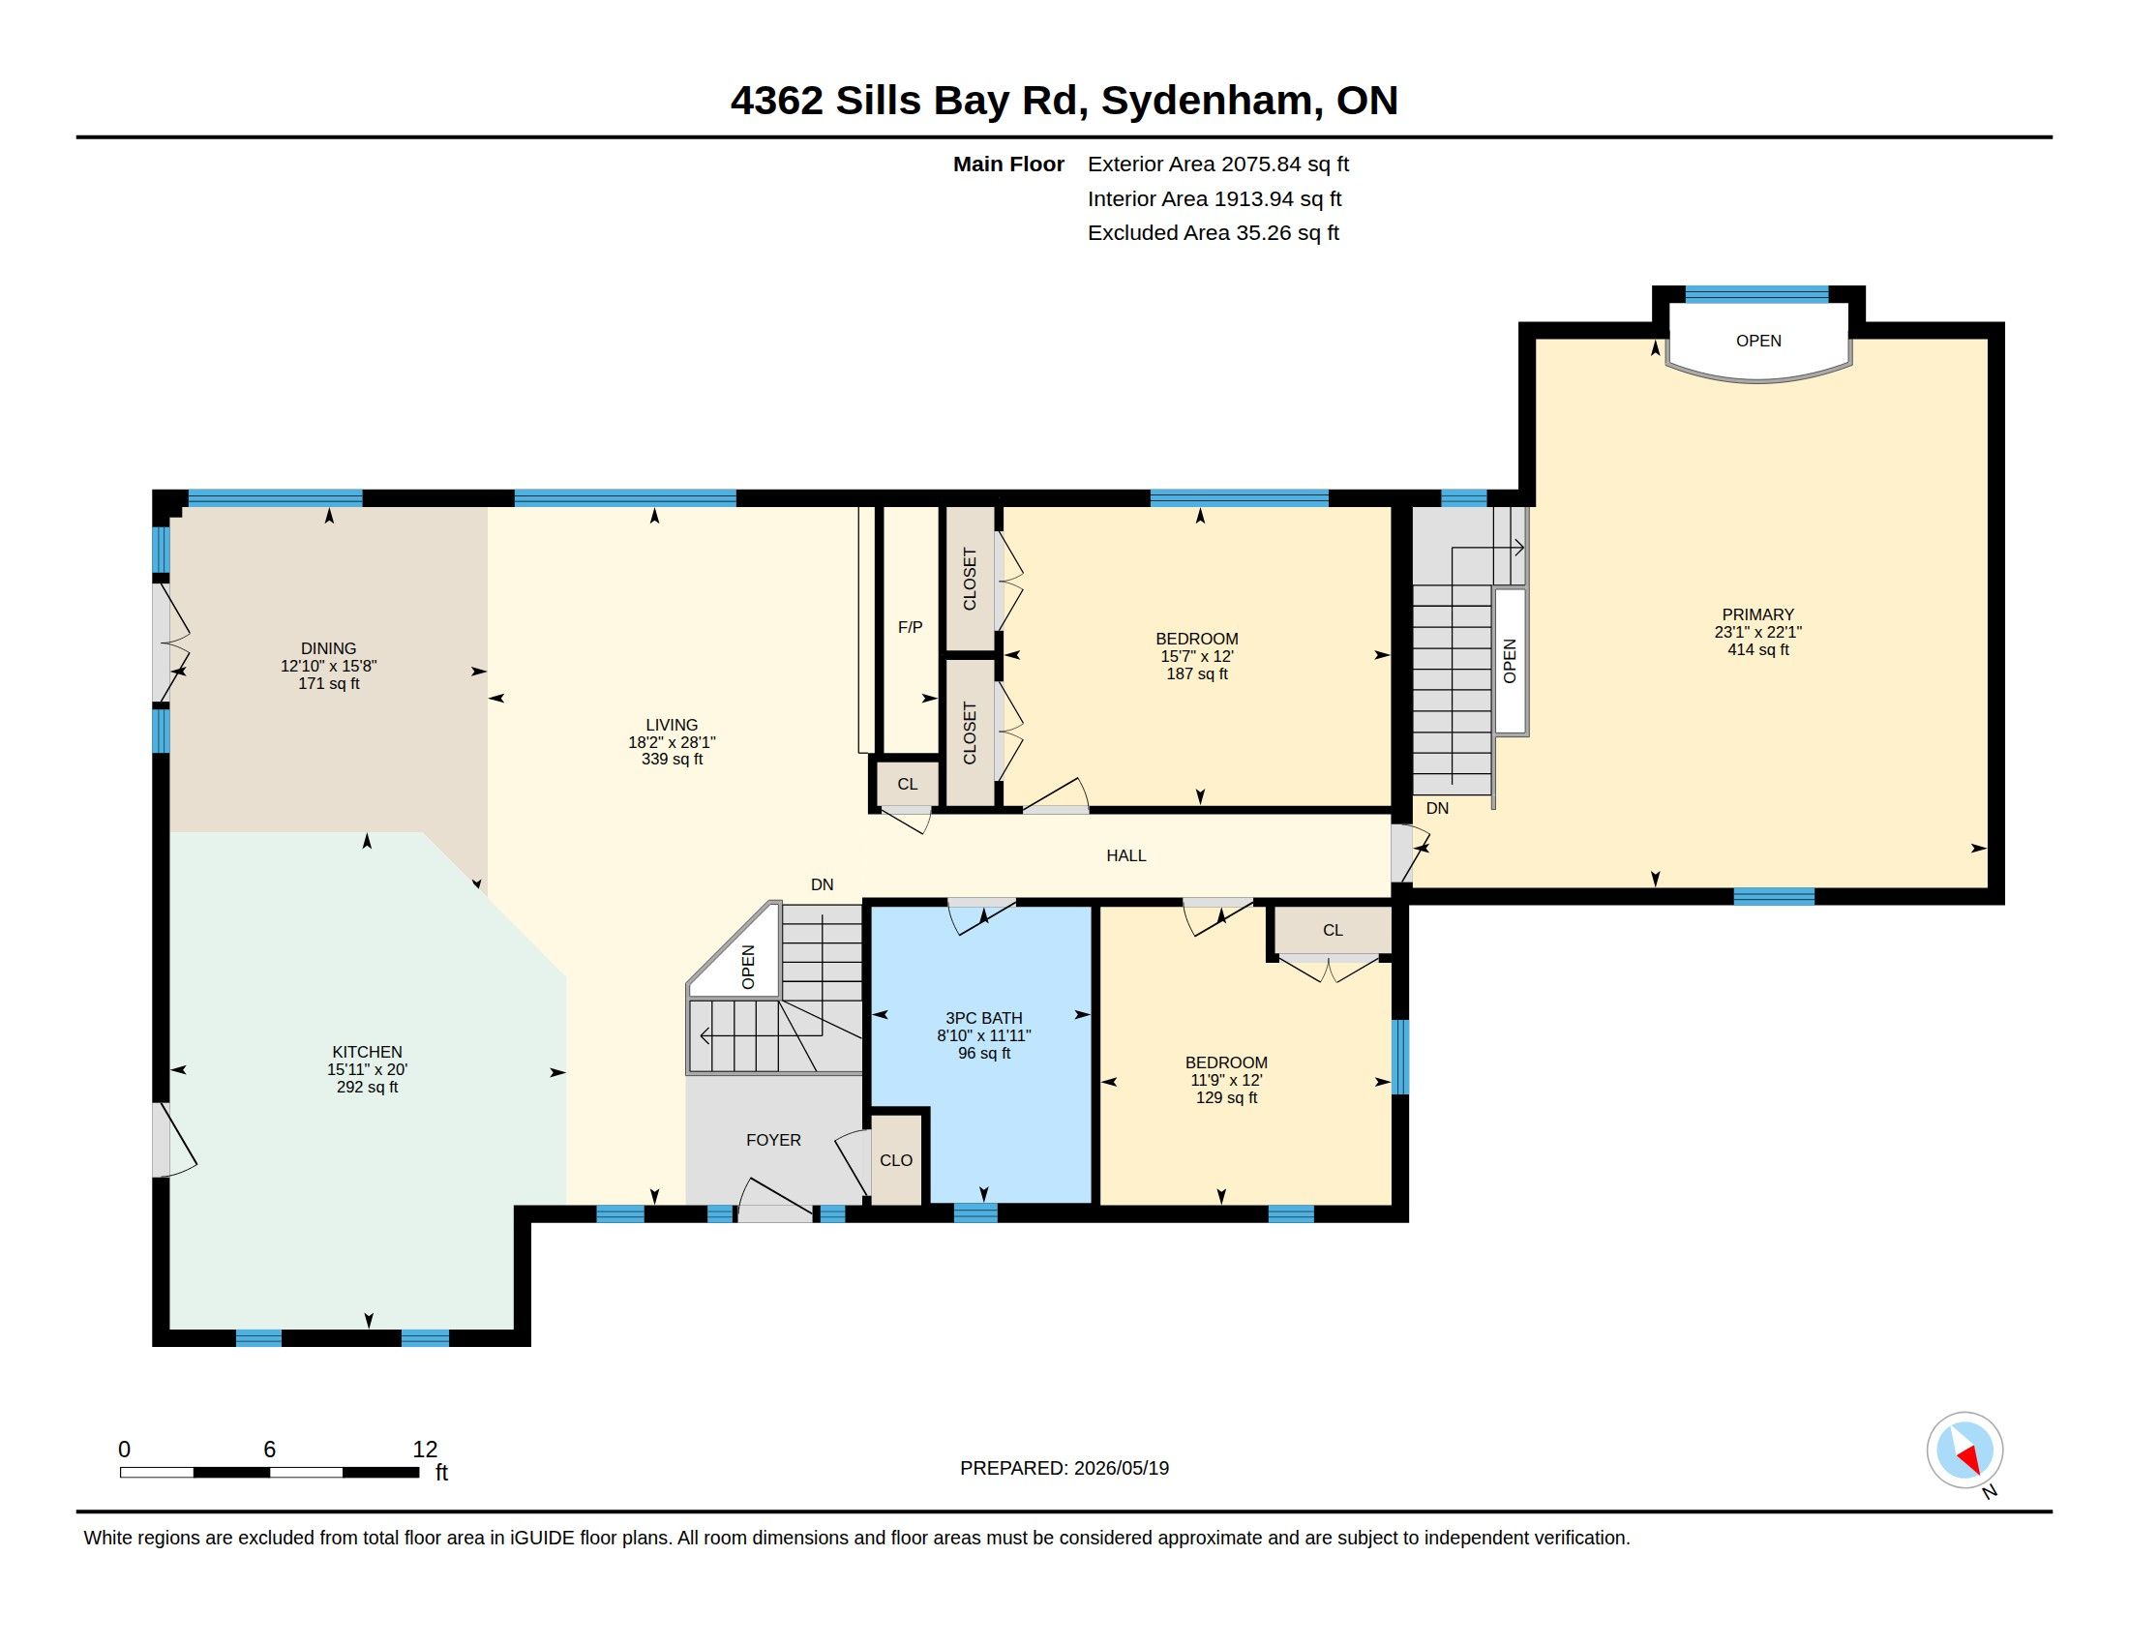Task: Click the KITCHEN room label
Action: point(367,1052)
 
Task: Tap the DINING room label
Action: point(328,648)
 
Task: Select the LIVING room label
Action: point(672,725)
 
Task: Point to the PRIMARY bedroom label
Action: point(1757,613)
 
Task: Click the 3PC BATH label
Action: point(983,1018)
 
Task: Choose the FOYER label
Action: point(773,1140)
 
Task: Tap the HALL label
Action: point(1125,855)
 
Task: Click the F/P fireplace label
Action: point(910,628)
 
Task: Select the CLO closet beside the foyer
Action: point(896,1160)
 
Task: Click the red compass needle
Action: point(1971,1459)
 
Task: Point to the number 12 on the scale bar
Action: point(425,1450)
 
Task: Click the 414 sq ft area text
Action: point(1757,649)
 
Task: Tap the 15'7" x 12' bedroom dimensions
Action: point(1197,657)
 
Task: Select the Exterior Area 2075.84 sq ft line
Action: point(1217,164)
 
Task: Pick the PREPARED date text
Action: point(1064,1468)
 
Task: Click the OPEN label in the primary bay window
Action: point(1757,341)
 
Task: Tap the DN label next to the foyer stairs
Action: point(822,884)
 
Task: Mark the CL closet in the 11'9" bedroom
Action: point(1333,931)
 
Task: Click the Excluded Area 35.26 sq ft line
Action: point(1213,233)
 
